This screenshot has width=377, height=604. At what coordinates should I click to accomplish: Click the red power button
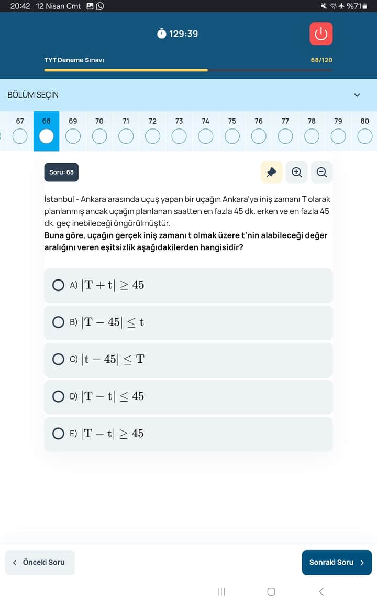point(321,34)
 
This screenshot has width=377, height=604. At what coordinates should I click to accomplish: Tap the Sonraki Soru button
point(337,562)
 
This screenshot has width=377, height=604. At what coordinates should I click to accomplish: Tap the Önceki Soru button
point(40,562)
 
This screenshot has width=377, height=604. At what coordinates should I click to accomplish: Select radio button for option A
point(58,285)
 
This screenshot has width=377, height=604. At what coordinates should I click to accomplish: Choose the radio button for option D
point(58,396)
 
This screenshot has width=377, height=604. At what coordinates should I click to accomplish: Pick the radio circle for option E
point(58,434)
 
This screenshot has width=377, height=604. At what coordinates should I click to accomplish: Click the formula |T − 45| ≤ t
point(112,322)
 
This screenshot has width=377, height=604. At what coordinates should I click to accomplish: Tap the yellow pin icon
point(271,172)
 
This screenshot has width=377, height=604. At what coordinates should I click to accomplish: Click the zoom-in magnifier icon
point(296,172)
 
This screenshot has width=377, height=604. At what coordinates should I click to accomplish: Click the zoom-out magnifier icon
point(321,172)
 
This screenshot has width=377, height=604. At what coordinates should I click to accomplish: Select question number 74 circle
point(205,136)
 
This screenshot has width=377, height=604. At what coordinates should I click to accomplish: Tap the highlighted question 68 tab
point(47,131)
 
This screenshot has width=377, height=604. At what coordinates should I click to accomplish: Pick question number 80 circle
point(364,136)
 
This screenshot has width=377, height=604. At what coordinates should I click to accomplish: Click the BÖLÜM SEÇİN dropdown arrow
point(357,95)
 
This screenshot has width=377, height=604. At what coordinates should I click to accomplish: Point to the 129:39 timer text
point(183,34)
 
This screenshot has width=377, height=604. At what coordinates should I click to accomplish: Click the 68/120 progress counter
point(321,60)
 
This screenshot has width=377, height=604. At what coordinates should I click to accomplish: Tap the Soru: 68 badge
point(61,172)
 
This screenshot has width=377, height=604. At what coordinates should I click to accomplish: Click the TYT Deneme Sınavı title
point(74,60)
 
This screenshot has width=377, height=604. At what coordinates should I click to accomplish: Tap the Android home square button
point(271,591)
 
